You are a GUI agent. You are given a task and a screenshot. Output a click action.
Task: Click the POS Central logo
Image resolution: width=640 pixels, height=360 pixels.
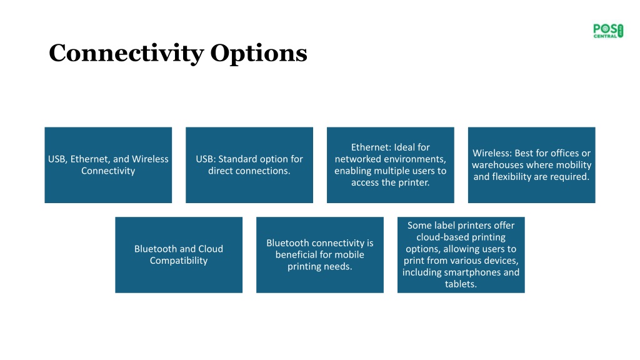click(x=608, y=31)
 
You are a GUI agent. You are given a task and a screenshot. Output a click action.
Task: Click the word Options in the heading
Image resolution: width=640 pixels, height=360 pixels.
click(x=259, y=53)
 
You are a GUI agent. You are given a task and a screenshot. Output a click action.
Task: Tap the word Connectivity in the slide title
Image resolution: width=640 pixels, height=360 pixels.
click(x=126, y=54)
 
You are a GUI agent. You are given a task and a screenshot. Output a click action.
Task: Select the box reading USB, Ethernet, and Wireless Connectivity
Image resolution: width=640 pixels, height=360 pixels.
click(x=108, y=165)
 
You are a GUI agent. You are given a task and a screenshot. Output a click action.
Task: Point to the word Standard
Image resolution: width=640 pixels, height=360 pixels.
click(x=237, y=159)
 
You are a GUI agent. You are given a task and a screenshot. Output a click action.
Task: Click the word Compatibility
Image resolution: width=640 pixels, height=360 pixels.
click(x=179, y=261)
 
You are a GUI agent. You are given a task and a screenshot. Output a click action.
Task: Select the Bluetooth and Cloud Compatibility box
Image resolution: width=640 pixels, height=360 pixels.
click(x=179, y=255)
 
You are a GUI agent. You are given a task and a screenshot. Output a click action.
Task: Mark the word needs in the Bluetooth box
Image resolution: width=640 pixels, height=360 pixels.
click(x=340, y=266)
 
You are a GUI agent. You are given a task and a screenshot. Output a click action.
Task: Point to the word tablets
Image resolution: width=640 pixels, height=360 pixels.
click(x=461, y=284)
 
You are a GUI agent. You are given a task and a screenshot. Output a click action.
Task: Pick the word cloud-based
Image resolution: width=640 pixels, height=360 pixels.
click(x=441, y=237)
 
